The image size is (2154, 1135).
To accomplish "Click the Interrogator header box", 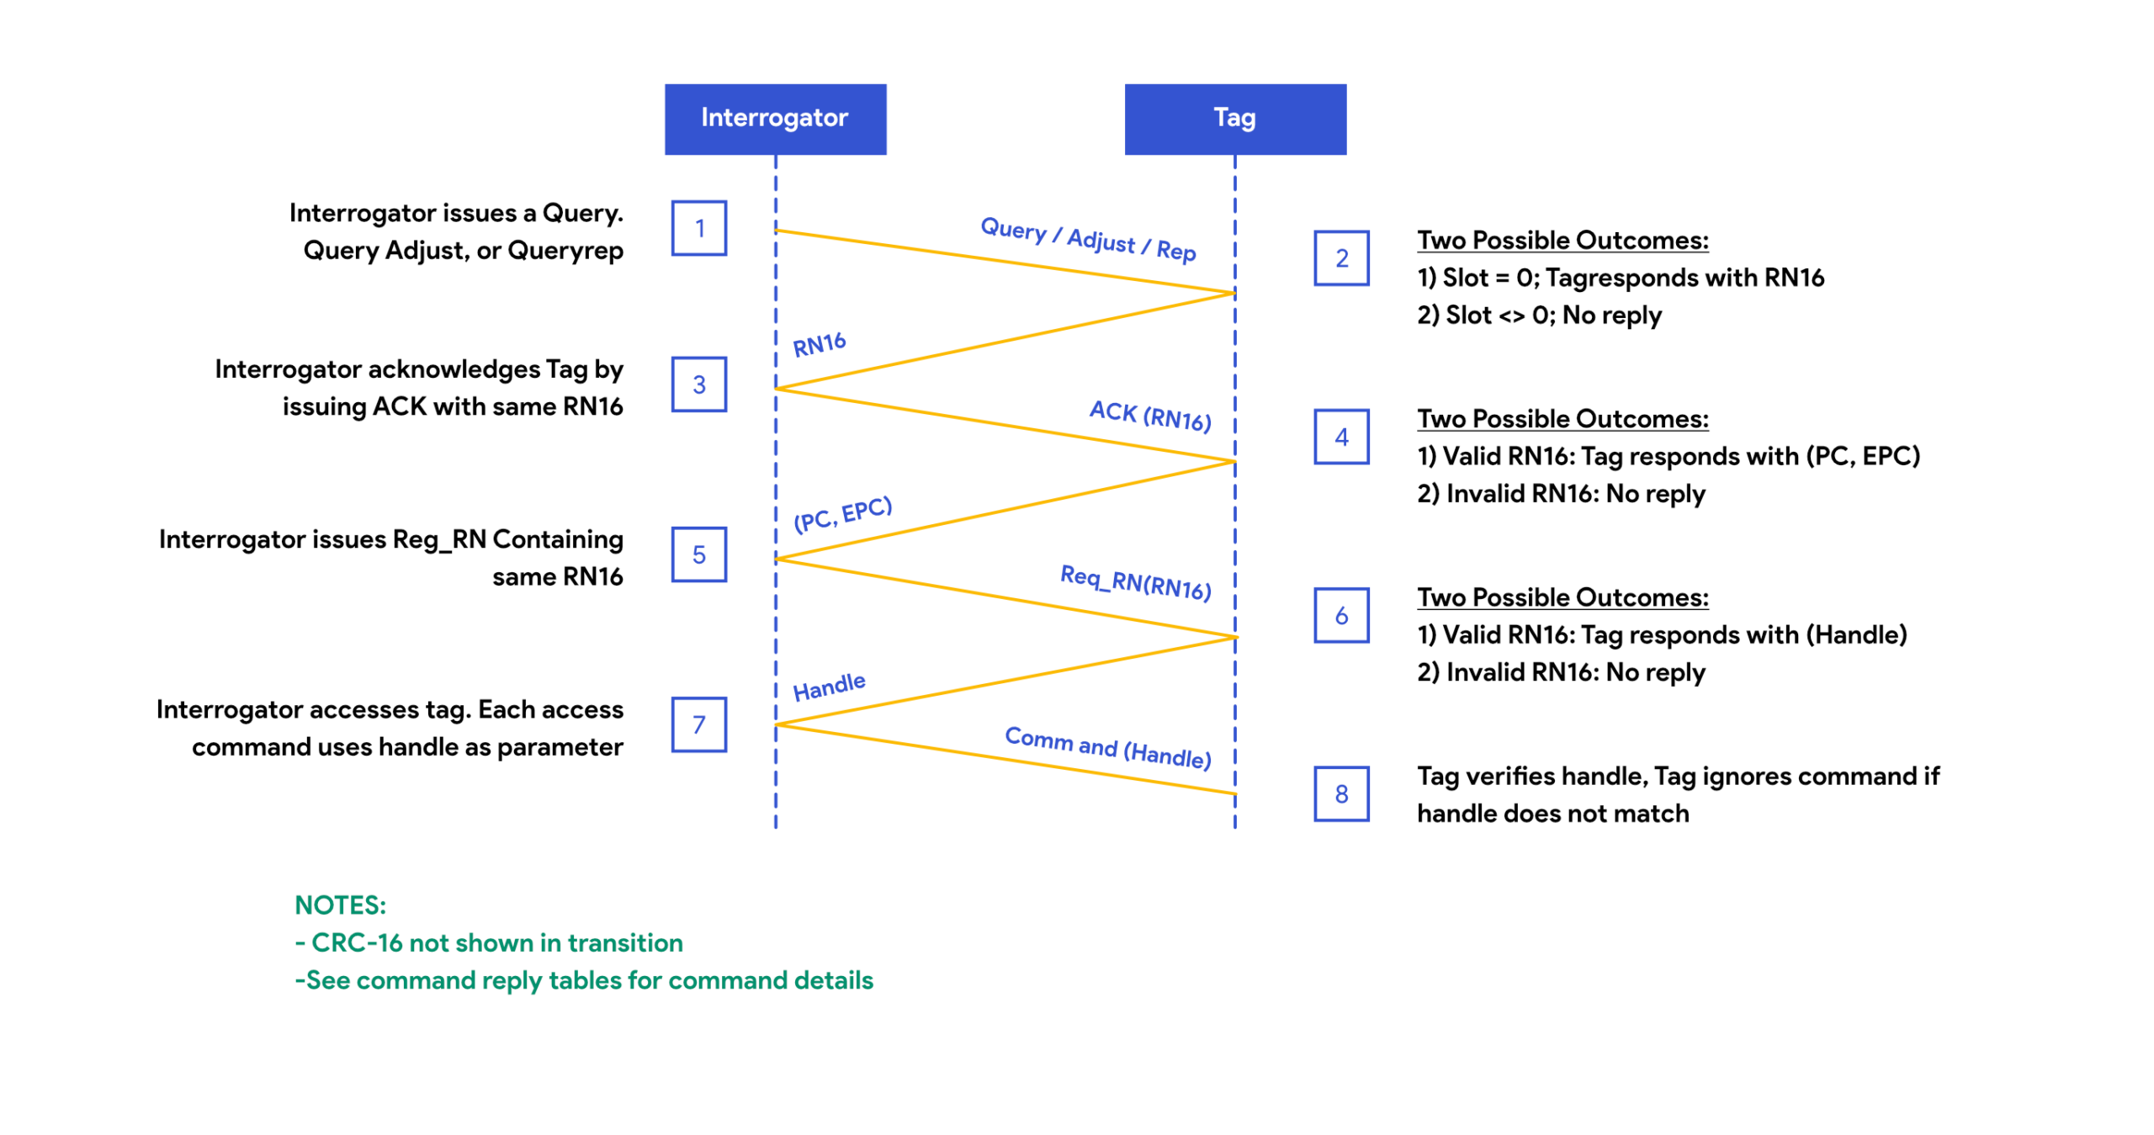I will tap(774, 119).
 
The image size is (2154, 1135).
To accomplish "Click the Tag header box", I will tap(1234, 119).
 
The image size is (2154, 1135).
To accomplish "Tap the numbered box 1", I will tap(698, 228).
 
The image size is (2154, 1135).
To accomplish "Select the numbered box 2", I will tap(1340, 258).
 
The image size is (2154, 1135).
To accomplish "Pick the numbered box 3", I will tap(698, 385).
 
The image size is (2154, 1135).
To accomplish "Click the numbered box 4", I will tap(1340, 437).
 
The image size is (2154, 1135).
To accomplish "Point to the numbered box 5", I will tap(698, 554).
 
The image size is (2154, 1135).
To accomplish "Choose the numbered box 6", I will tap(1340, 615).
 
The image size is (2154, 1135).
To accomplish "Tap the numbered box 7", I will tap(698, 724).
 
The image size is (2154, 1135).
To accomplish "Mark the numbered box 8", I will tap(1340, 793).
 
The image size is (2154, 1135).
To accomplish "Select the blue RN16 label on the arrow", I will tap(819, 344).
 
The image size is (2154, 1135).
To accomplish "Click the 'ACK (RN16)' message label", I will tap(1149, 416).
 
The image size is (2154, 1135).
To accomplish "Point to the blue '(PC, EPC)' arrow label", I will tap(842, 514).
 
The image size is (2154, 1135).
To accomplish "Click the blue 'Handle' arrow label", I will tap(829, 687).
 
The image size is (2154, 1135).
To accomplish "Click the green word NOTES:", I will tap(340, 905).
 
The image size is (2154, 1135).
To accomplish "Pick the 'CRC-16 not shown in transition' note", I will tap(489, 942).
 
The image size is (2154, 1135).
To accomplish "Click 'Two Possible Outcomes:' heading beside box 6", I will tap(1562, 597).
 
